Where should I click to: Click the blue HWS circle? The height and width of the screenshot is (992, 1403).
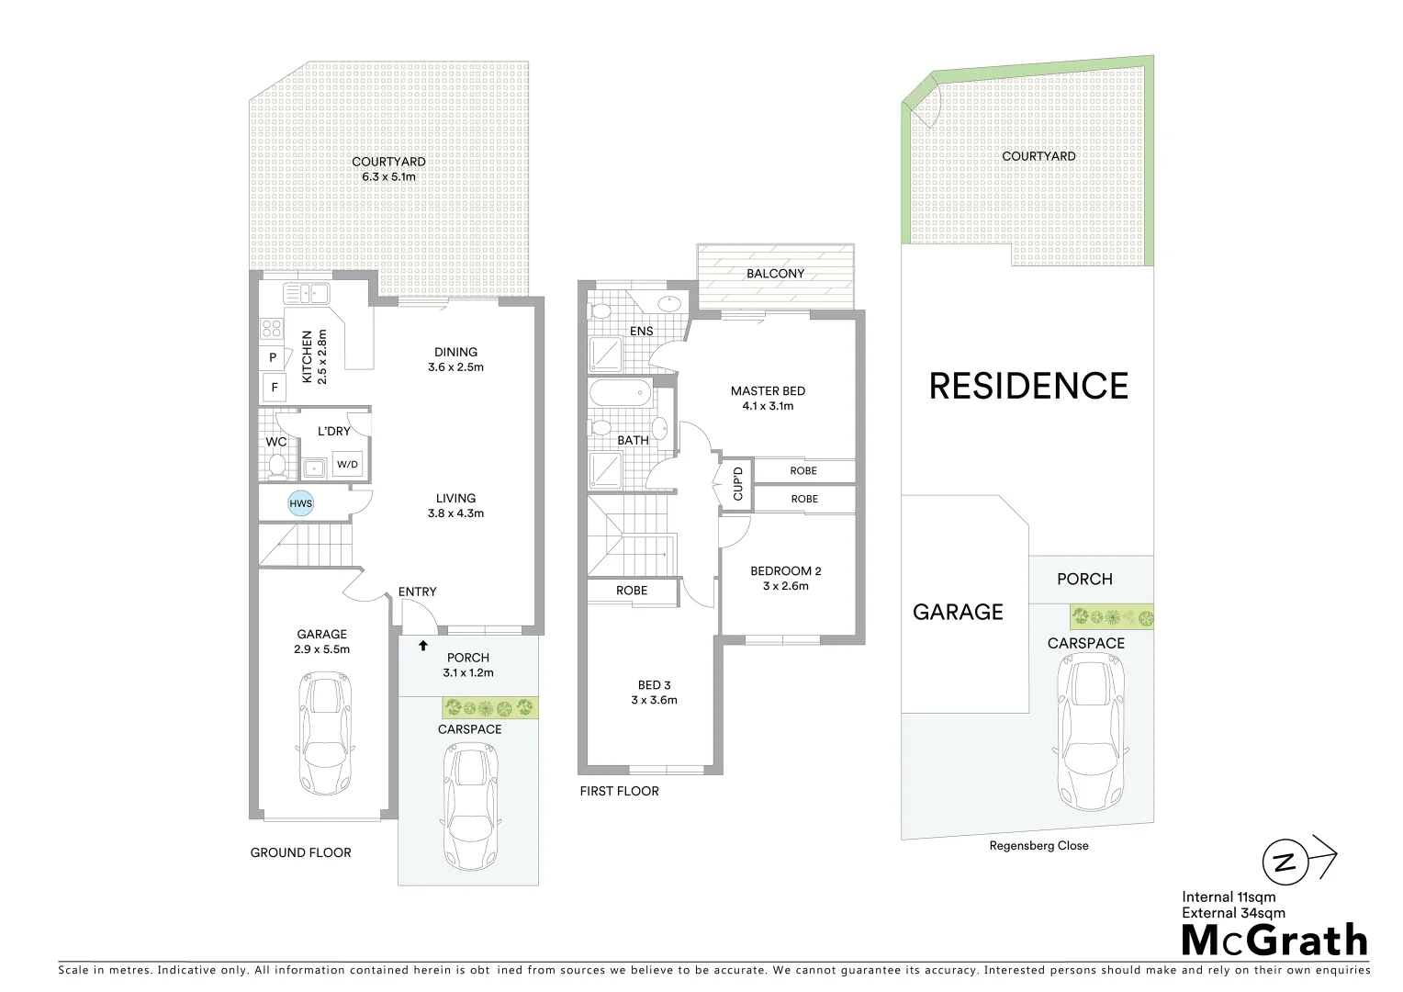click(x=301, y=503)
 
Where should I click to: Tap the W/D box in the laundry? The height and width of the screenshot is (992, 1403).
click(x=347, y=464)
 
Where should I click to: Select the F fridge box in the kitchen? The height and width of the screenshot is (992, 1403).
click(x=274, y=388)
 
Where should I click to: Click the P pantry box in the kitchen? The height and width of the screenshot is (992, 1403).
click(x=273, y=357)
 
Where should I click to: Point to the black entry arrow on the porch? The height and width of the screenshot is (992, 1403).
click(x=423, y=646)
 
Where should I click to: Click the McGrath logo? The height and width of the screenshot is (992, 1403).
click(x=1274, y=941)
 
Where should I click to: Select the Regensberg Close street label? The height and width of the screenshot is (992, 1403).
click(x=1038, y=846)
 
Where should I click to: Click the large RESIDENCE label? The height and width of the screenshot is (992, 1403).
click(x=1028, y=386)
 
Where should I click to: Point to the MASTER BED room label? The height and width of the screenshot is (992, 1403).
click(x=768, y=391)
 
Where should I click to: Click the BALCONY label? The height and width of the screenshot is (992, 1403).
click(x=775, y=274)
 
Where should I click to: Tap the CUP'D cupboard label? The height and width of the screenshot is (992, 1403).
click(x=737, y=482)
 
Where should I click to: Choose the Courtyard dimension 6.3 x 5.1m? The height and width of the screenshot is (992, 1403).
click(x=388, y=176)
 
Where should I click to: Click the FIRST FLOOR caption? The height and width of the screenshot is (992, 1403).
click(x=619, y=791)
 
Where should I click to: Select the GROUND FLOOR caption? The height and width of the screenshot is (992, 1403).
click(x=300, y=852)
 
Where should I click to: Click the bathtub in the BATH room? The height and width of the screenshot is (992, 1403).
click(x=620, y=394)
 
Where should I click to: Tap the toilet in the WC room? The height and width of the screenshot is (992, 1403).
click(x=276, y=465)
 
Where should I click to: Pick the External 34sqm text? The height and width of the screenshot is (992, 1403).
click(x=1233, y=913)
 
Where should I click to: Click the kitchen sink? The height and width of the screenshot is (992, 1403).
click(x=307, y=294)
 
